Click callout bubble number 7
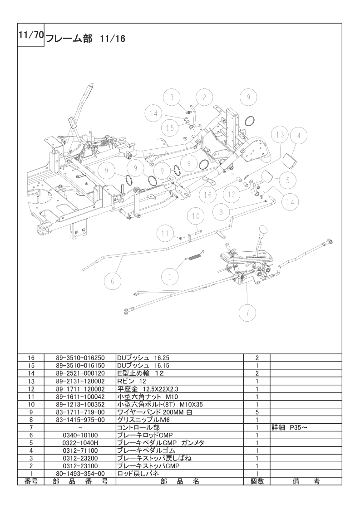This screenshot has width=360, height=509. pyautogui.click(x=247, y=312)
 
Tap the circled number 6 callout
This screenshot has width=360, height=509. pyautogui.click(x=113, y=281)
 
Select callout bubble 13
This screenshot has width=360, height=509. pyautogui.click(x=280, y=135)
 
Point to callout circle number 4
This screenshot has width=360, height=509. pyautogui.click(x=299, y=136)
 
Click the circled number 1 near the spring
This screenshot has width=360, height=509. pyautogui.click(x=170, y=275)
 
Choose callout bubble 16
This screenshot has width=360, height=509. pyautogui.click(x=207, y=195)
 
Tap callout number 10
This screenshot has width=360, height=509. pyautogui.click(x=195, y=216)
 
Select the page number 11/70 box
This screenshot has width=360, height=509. pyautogui.click(x=30, y=35)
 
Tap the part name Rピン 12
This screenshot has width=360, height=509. pyautogui.click(x=132, y=381)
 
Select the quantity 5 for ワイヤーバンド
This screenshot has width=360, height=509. pyautogui.click(x=257, y=412)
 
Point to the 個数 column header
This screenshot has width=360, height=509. pyautogui.click(x=257, y=481)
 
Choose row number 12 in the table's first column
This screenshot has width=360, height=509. pyautogui.click(x=30, y=389)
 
